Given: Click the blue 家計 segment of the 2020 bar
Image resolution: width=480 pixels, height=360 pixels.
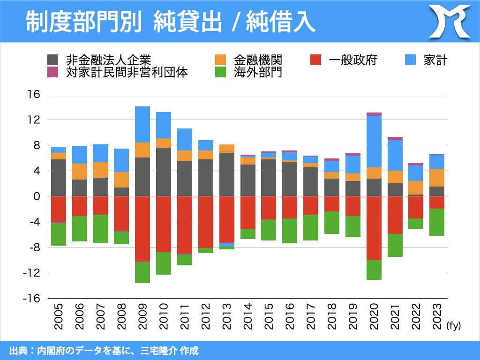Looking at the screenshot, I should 374,142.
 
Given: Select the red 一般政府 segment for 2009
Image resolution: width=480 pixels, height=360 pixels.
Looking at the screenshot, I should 142,228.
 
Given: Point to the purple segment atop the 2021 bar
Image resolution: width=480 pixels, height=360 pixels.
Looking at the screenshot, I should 395,138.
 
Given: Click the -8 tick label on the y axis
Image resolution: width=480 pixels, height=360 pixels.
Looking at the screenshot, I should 33,247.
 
